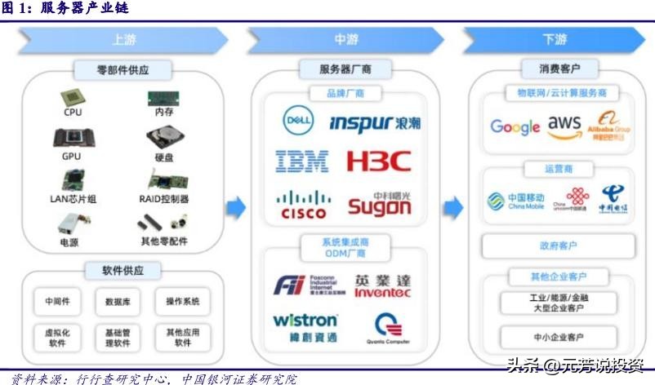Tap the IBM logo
click(301, 161)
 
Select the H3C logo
click(378, 161)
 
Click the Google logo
click(515, 126)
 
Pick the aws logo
click(564, 125)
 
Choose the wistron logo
click(305, 325)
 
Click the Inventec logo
click(382, 285)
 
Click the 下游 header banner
click(555, 39)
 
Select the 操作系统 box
click(183, 301)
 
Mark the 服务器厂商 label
click(346, 69)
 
